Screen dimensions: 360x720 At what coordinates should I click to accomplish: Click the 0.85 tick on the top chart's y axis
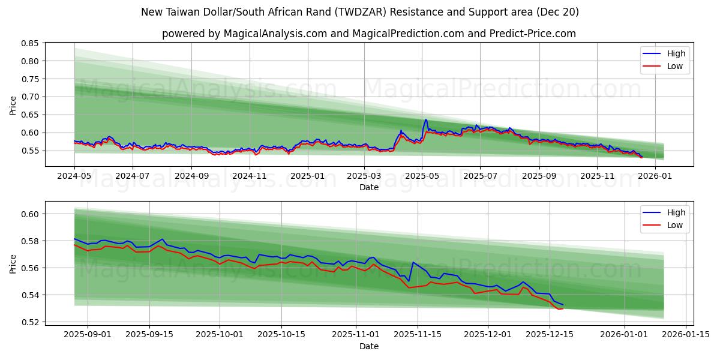pos(30,43)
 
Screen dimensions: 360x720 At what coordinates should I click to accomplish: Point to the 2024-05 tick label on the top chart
pos(74,176)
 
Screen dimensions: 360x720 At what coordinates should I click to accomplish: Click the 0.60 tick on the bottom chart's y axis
pos(30,214)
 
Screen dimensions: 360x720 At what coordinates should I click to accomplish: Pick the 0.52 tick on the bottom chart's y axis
pos(30,322)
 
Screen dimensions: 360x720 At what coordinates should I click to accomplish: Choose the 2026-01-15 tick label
pos(685,335)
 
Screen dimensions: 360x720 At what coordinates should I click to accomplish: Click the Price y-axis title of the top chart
pos(13,106)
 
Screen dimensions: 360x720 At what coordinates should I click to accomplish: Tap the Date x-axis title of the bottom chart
pos(368,346)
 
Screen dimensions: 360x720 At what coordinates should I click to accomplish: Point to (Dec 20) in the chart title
pos(557,12)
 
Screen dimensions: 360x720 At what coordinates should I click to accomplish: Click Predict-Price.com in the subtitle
pos(537,34)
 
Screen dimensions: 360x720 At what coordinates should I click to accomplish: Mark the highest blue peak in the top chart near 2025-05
pos(426,119)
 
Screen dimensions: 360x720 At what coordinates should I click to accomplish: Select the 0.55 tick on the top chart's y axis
pos(30,151)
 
